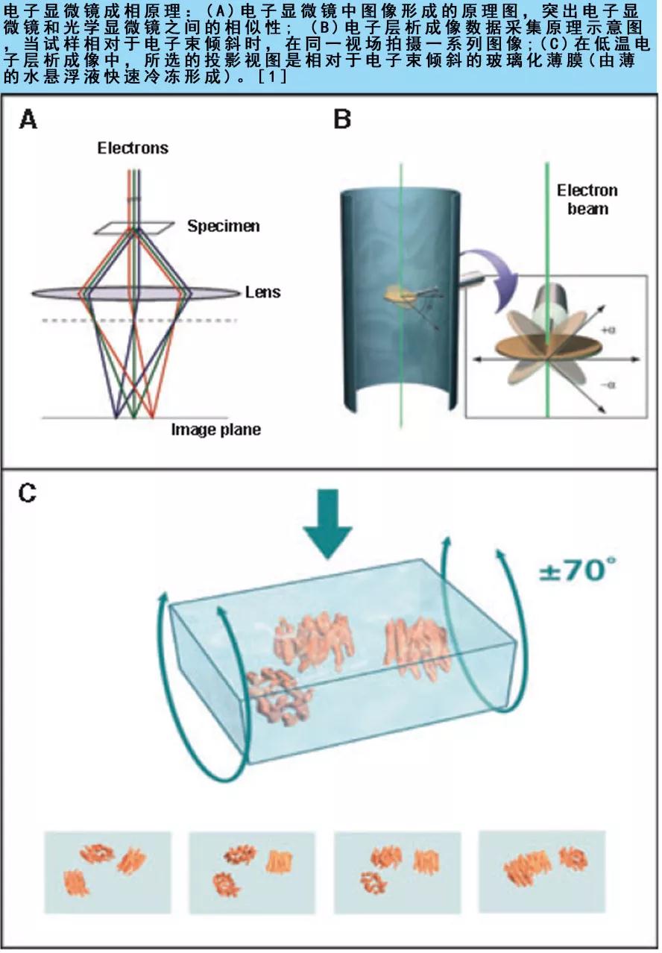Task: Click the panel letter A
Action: (x=28, y=119)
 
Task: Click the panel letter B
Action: (x=342, y=119)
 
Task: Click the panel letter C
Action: (x=28, y=494)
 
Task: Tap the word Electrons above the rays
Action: (x=133, y=148)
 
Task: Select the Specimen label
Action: (x=224, y=226)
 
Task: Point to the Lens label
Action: (x=263, y=292)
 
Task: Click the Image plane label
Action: (x=215, y=430)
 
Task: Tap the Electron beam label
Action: (x=587, y=200)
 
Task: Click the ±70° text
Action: (x=577, y=570)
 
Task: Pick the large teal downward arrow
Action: (x=327, y=524)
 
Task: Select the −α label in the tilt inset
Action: (x=608, y=385)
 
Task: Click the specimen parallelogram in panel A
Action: (x=134, y=228)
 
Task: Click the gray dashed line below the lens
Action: (x=139, y=321)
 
